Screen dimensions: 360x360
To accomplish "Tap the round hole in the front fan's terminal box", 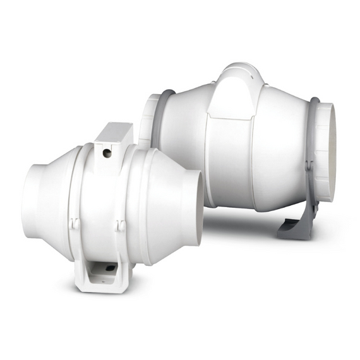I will click(107, 152).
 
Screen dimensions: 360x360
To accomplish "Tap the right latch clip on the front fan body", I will click(121, 225).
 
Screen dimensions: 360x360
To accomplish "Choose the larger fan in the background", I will click(253, 145).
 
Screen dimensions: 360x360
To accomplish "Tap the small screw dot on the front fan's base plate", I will click(109, 268).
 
